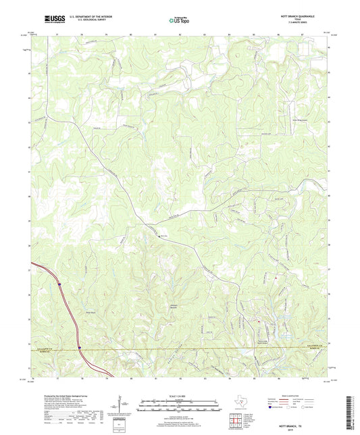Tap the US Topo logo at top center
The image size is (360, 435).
pyautogui.click(x=179, y=20)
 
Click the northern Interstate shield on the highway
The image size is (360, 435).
pyautogui.click(x=60, y=286)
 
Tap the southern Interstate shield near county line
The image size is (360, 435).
pyautogui.click(x=79, y=349)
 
